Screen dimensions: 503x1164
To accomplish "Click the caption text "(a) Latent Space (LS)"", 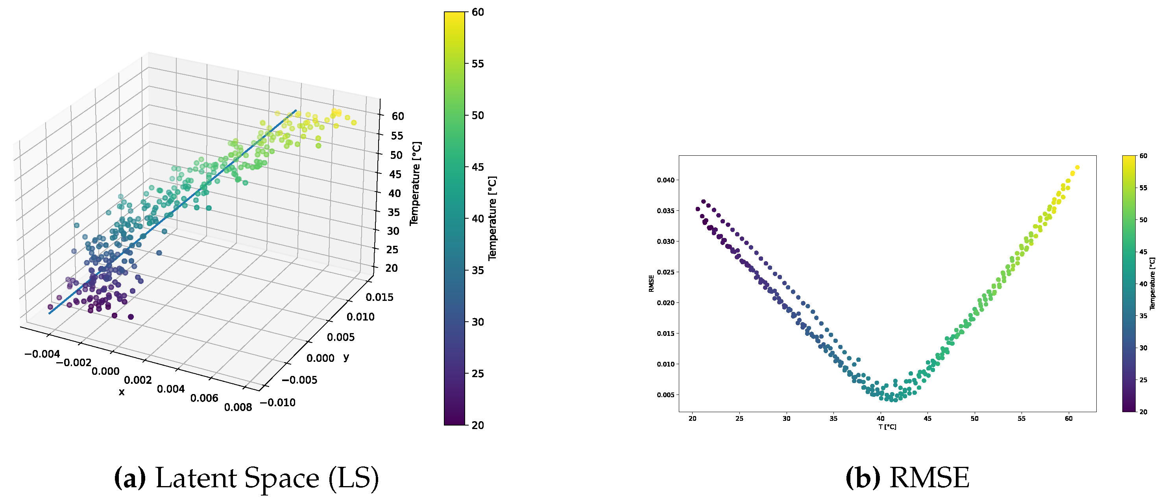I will pyautogui.click(x=246, y=479).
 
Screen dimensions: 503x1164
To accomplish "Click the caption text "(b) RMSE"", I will pyautogui.click(x=907, y=479).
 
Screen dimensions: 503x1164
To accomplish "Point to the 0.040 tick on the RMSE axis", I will pyautogui.click(x=665, y=180).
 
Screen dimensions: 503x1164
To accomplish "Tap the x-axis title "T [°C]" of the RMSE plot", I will pyautogui.click(x=887, y=427).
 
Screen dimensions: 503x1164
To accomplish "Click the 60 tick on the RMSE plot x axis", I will pyautogui.click(x=1069, y=418).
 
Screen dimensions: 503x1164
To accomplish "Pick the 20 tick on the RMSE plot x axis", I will pyautogui.click(x=692, y=418).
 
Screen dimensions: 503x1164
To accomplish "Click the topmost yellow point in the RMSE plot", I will pyautogui.click(x=1077, y=168).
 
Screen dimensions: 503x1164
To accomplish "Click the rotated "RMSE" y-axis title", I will pyautogui.click(x=652, y=284).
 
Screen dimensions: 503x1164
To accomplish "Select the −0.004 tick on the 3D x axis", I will pyautogui.click(x=42, y=354).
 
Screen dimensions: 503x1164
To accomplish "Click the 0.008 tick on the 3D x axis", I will pyautogui.click(x=238, y=407).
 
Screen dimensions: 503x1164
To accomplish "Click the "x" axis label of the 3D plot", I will pyautogui.click(x=122, y=392).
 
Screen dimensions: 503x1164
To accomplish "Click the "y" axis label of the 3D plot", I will pyautogui.click(x=346, y=357).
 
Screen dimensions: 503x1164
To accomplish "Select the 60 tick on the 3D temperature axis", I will pyautogui.click(x=397, y=116).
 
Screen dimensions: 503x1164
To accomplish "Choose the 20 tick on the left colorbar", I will pyautogui.click(x=478, y=426).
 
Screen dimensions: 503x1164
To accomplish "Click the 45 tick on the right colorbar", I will pyautogui.click(x=1143, y=252).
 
